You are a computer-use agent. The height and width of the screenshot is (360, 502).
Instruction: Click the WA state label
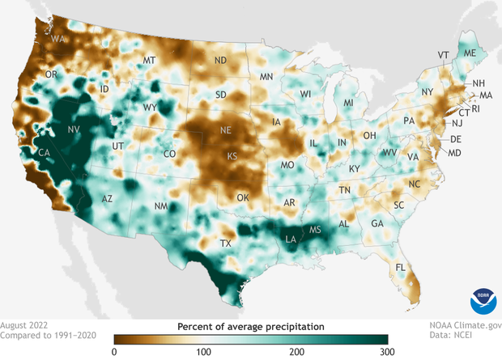[x=57, y=38]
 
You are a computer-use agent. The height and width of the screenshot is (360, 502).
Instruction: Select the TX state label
[x=226, y=243]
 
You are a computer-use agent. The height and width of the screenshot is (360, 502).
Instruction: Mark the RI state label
[x=475, y=108]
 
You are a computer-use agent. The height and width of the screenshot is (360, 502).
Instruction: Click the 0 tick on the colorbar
[x=114, y=351]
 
